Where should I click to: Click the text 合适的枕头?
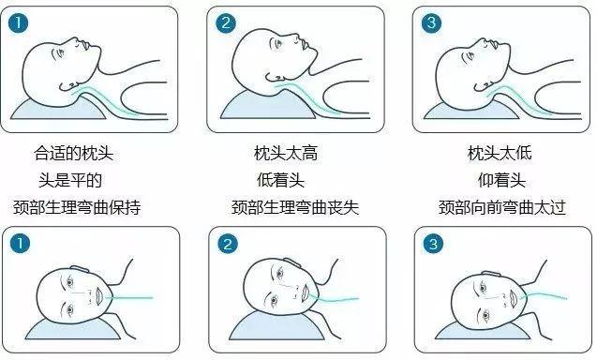tap(80, 152)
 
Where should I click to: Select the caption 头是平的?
tap(80, 179)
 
